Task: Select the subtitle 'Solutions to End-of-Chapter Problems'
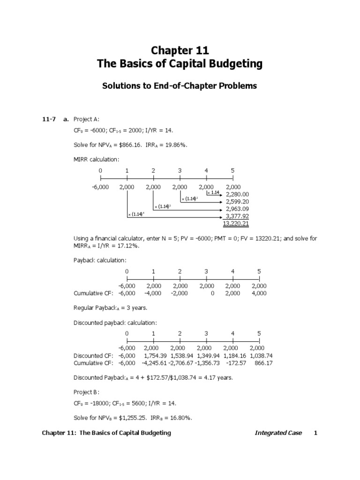pyautogui.click(x=180, y=86)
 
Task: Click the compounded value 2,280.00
pyautogui.click(x=237, y=194)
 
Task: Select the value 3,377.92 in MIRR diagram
pyautogui.click(x=237, y=216)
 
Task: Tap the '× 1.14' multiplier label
pyautogui.click(x=213, y=193)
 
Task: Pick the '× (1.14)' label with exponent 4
pyautogui.click(x=136, y=214)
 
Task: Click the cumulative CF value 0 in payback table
pyautogui.click(x=212, y=293)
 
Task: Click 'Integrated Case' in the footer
pyautogui.click(x=278, y=433)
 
